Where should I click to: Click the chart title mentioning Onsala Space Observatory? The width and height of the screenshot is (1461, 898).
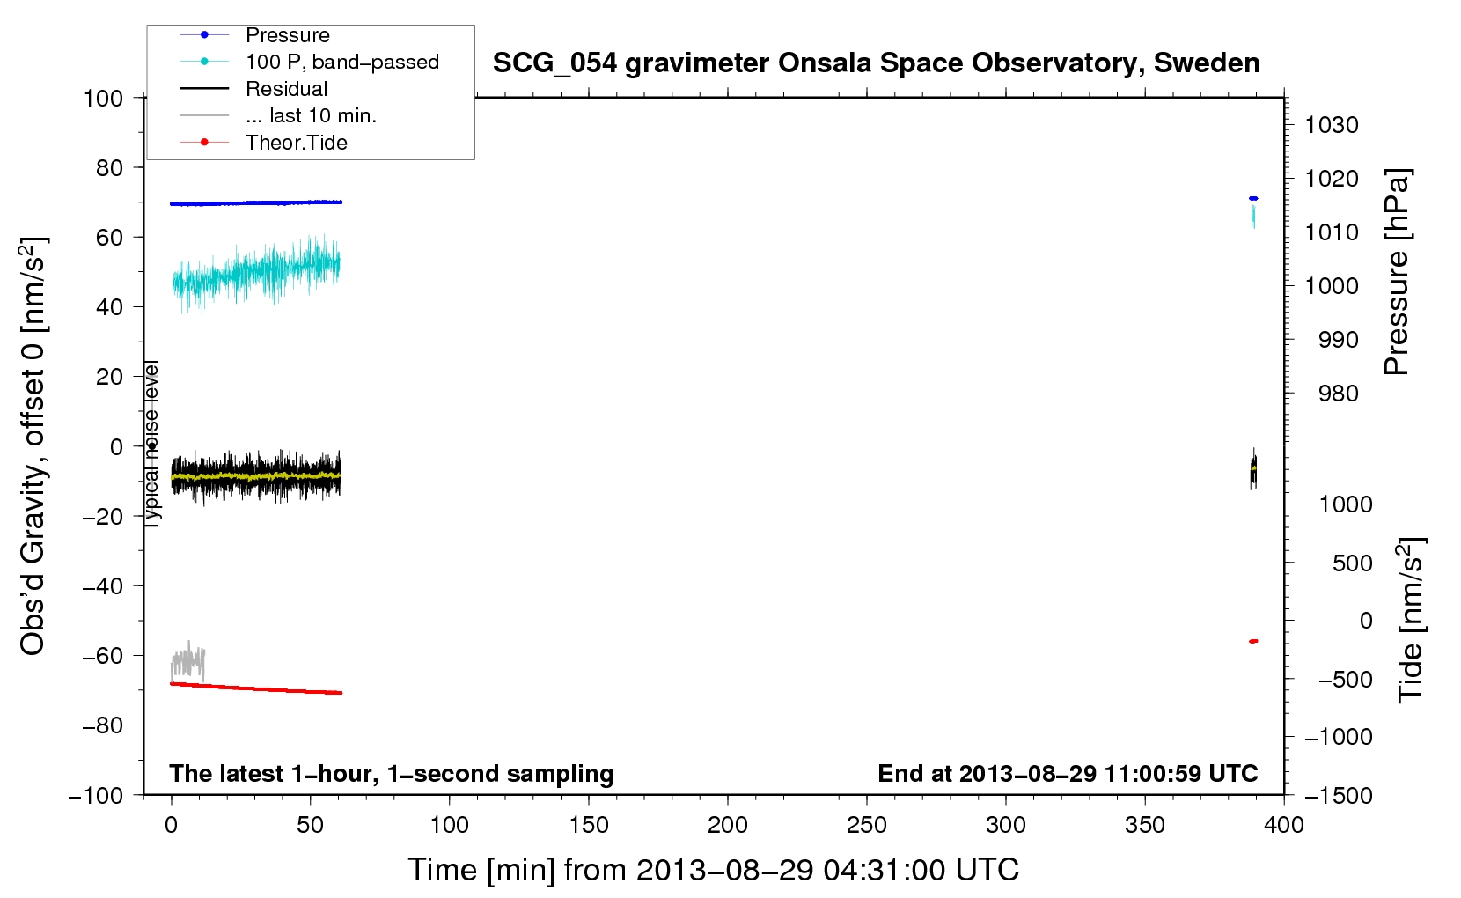(876, 63)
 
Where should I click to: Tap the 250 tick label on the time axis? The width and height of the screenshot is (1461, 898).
(866, 825)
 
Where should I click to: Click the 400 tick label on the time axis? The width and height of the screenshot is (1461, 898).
(1283, 825)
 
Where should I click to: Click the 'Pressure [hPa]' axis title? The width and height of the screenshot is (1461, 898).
(1397, 271)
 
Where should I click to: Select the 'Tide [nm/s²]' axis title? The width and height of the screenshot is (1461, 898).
(1411, 620)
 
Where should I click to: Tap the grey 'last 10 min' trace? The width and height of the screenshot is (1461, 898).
(187, 661)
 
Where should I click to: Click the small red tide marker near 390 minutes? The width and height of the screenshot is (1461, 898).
(1253, 642)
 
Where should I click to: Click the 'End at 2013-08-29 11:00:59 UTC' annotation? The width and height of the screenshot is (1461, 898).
(1068, 773)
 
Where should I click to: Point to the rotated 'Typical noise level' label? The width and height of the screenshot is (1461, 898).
(151, 444)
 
